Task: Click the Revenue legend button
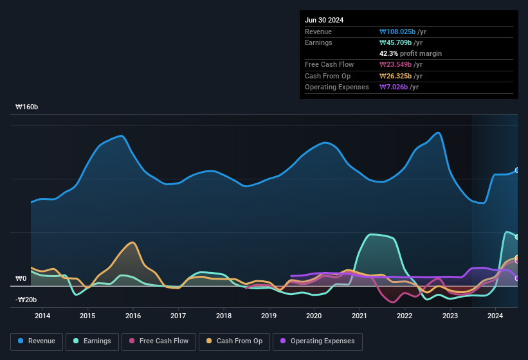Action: (x=36, y=341)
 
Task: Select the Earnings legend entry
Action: (x=92, y=341)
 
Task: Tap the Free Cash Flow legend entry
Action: (x=159, y=341)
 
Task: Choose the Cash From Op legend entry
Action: (x=234, y=341)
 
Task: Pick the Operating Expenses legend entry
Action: (x=318, y=341)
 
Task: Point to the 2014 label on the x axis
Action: (x=42, y=316)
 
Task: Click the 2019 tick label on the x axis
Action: (x=269, y=316)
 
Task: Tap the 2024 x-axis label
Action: (x=495, y=316)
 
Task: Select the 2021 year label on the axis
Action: (x=360, y=316)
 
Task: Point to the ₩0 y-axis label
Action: (x=21, y=279)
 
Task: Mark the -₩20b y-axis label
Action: (x=26, y=300)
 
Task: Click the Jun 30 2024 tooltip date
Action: (x=324, y=20)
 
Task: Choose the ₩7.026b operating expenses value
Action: (x=392, y=87)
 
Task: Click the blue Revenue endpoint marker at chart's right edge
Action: (x=517, y=170)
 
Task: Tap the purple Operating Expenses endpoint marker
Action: (x=517, y=278)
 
